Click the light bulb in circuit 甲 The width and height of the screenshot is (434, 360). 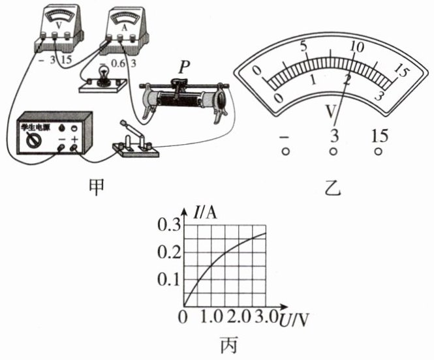coord(104,72)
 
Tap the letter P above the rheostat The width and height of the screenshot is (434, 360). coord(183,67)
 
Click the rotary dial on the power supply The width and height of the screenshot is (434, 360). coord(31,140)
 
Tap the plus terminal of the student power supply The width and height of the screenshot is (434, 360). coord(74,147)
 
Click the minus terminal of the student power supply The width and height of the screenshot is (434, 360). coord(61,147)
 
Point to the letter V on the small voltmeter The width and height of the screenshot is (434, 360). coord(58,25)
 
